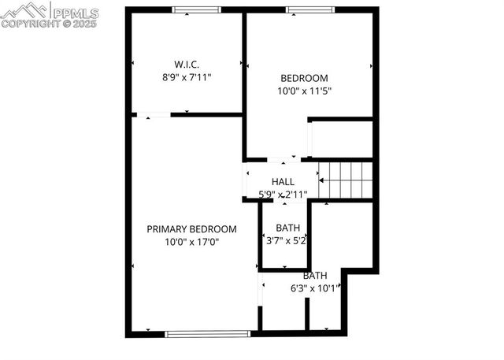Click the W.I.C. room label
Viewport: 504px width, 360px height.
tap(187, 64)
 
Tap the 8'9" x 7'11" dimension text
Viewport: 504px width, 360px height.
tap(187, 77)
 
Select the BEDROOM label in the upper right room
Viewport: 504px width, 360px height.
tap(304, 77)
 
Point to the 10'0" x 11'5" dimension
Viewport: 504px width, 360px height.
tap(304, 91)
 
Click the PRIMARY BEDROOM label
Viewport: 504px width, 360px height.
tap(191, 228)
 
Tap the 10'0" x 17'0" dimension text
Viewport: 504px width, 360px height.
tap(191, 242)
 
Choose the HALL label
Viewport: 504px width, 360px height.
tap(283, 182)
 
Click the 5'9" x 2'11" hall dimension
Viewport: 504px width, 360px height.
tap(283, 194)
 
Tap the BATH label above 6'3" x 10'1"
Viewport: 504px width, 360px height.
tap(315, 276)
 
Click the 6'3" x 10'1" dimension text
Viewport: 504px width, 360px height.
tap(316, 288)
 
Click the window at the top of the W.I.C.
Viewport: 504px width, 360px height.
tap(196, 10)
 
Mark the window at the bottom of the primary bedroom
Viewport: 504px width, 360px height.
tap(208, 333)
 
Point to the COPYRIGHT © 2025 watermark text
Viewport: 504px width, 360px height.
tap(49, 24)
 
